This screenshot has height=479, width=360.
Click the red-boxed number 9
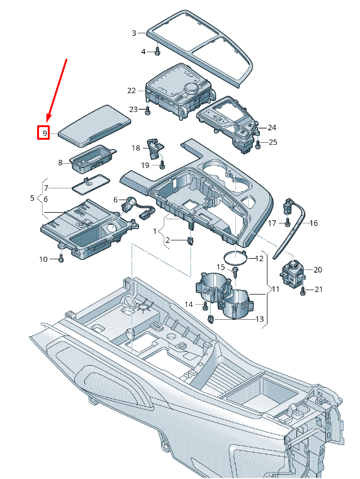43,133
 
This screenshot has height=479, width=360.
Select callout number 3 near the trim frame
134,33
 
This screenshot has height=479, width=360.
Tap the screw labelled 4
156,52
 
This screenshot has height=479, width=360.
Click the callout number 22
131,91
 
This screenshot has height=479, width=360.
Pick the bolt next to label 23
147,111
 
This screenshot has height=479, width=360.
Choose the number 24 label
272,127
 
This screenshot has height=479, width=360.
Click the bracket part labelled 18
154,149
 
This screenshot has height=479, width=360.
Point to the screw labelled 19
161,166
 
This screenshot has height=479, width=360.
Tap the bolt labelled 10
61,258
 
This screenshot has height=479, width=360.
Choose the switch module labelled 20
292,271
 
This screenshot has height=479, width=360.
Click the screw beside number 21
303,290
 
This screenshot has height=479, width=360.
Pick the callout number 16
313,223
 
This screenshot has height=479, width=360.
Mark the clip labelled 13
210,319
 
